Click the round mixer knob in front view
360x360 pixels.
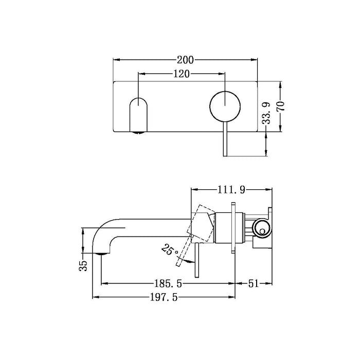click(224, 105)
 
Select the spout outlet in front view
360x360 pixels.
click(139, 116)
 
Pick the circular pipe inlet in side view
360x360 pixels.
click(261, 227)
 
